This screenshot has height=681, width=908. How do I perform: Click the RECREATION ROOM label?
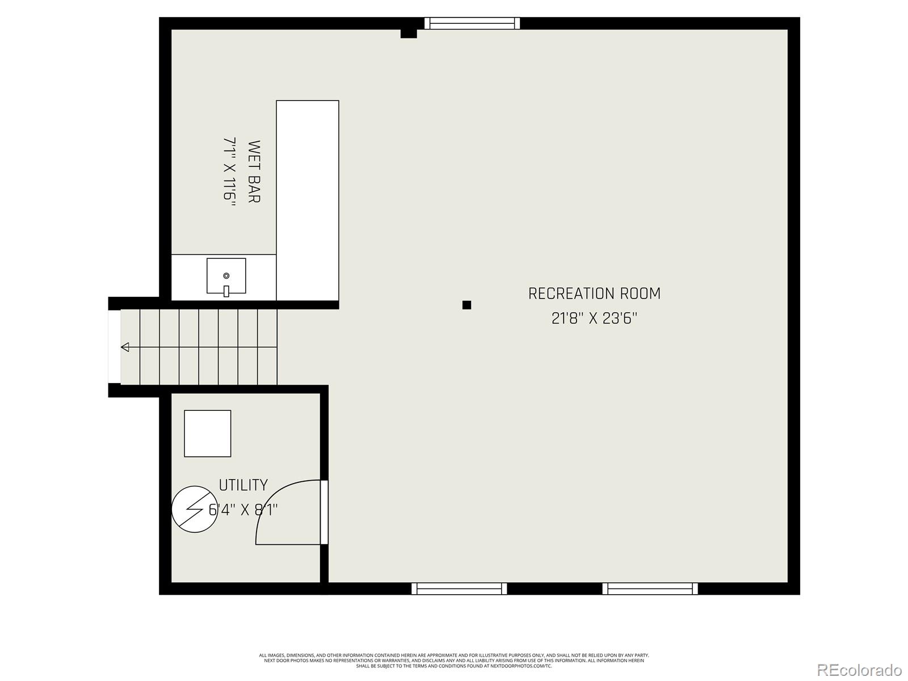tap(594, 293)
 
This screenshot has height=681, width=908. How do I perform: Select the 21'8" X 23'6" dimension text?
tap(594, 318)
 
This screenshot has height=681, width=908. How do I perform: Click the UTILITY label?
tap(243, 485)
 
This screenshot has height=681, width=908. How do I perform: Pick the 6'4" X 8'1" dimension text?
tap(244, 510)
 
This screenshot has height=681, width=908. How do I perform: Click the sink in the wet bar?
tap(226, 276)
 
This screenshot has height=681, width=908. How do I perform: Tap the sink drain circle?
tap(226, 276)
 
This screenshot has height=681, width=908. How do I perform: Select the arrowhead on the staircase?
tap(125, 347)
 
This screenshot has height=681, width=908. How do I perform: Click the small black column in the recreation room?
tap(466, 305)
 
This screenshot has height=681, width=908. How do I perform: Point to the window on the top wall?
tap(472, 23)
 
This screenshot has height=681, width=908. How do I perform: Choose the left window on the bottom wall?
tap(459, 588)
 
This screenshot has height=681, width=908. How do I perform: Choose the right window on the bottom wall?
tap(650, 588)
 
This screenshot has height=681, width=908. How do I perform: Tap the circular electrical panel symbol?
tap(194, 509)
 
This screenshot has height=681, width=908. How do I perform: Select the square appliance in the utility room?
tap(207, 434)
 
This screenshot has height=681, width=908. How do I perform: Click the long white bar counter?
tap(307, 199)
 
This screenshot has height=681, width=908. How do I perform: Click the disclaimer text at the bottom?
tap(454, 660)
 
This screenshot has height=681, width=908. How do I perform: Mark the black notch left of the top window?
tap(409, 33)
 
